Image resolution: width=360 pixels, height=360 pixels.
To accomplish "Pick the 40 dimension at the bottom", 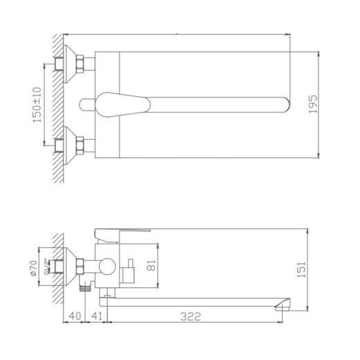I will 75,317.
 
